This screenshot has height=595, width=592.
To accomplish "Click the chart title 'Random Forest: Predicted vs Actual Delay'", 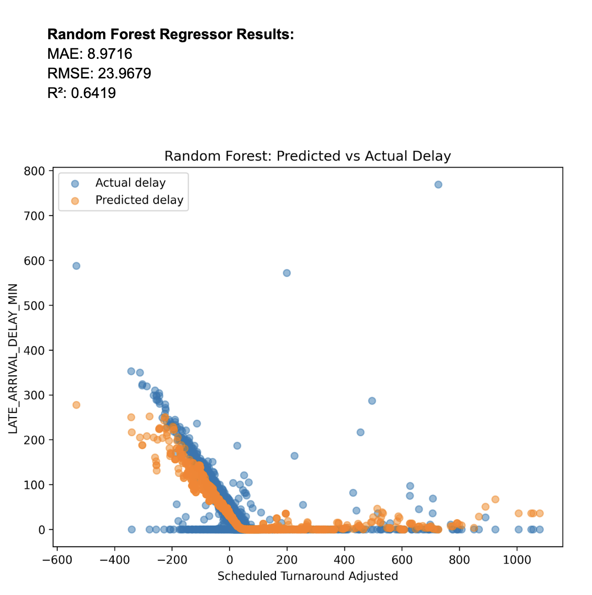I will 308,156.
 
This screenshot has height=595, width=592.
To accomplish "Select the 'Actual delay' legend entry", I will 130,183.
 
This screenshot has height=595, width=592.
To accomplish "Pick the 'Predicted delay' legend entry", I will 139,200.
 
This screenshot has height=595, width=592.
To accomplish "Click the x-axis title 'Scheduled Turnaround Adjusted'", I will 308,576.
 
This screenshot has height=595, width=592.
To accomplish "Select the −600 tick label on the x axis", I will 57,560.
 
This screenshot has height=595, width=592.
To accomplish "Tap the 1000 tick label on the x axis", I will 517,560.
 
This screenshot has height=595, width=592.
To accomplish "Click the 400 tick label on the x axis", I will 345,560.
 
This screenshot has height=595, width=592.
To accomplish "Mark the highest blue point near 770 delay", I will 438,184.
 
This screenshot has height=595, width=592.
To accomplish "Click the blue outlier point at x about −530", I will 76,266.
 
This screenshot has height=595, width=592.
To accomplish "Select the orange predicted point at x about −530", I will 76,405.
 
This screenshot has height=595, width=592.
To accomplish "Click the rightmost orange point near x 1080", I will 540,514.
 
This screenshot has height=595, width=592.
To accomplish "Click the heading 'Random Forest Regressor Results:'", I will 170,35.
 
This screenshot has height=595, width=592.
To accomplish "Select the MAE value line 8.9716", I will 90,54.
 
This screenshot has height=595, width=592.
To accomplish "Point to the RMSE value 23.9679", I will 99,74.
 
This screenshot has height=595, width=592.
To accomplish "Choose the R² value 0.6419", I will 81,93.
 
